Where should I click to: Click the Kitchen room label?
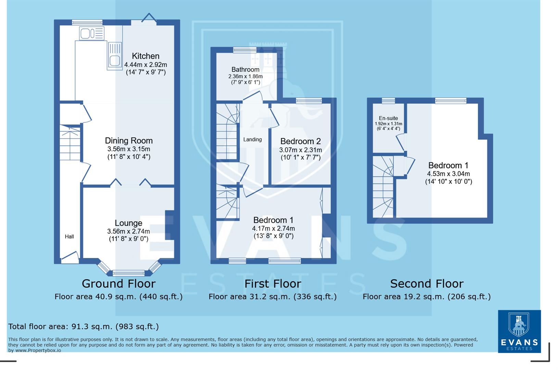[145, 56]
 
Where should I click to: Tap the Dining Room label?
[129, 140]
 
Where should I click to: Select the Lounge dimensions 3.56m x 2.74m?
[128, 231]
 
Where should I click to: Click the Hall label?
[69, 236]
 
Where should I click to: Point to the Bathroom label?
[245, 70]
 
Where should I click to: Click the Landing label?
[252, 139]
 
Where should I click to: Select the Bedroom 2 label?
[300, 141]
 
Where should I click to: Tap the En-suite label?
[388, 118]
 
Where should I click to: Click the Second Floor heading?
[427, 284]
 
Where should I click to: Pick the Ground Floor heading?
[118, 284]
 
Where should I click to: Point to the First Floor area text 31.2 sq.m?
[272, 297]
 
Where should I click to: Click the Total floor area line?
[84, 326]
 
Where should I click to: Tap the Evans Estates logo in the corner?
[519, 331]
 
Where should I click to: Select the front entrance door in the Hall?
[70, 258]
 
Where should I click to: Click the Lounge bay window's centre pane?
[129, 273]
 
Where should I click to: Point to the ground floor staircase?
[70, 143]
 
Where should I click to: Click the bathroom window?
[245, 50]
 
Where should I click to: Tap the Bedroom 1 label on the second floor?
[448, 165]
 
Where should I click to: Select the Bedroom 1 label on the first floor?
[273, 220]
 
